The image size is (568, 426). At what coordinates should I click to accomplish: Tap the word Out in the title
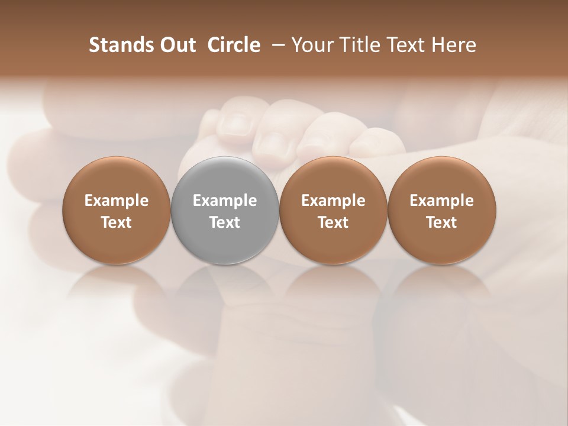176,46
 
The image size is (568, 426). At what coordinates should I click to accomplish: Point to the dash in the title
276,46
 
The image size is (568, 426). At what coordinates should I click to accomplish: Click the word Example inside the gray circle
225,201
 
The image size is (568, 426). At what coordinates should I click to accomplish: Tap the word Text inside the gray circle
225,222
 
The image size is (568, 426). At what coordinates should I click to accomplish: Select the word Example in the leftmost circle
117,201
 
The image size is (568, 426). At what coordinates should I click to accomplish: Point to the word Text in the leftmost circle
117,222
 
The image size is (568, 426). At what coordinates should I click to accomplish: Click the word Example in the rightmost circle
441,201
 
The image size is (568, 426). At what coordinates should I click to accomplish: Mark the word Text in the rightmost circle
441,222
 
